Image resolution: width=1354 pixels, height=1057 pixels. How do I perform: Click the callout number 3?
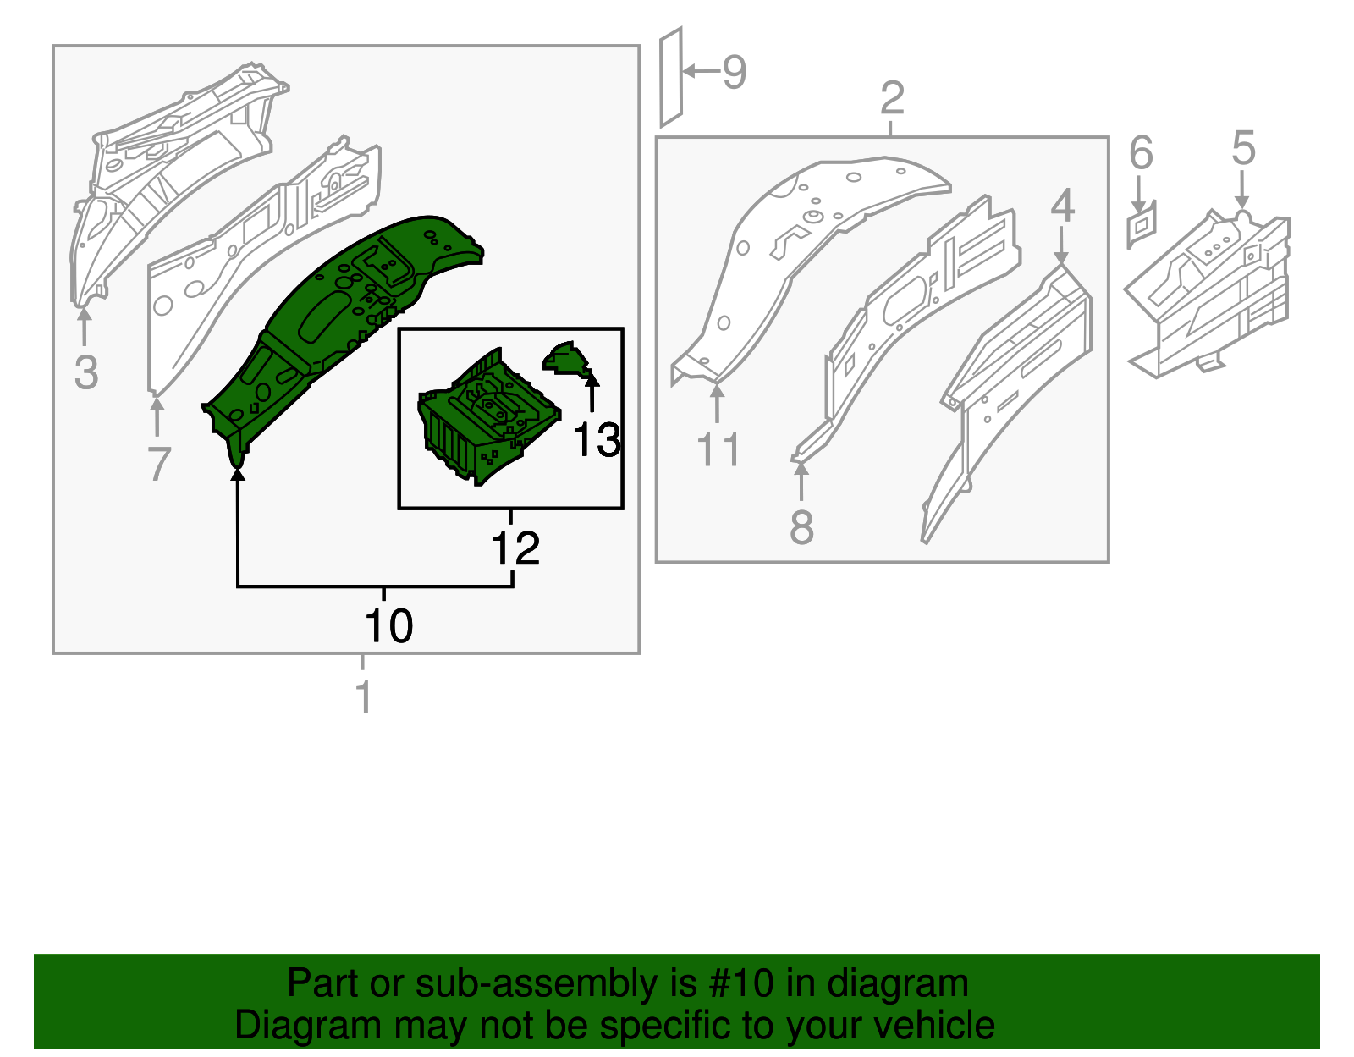point(86,372)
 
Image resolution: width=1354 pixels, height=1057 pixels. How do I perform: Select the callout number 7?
point(159,464)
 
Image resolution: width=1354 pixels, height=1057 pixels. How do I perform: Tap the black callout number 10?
point(388,625)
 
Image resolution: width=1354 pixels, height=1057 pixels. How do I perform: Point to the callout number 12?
point(515,548)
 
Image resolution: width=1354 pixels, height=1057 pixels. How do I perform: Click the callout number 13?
point(597,440)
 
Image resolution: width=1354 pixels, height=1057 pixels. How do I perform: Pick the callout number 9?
point(734,72)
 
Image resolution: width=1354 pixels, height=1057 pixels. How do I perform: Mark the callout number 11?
point(718,449)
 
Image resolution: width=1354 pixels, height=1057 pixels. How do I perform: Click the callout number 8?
point(801,527)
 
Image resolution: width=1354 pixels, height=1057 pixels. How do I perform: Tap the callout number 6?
point(1141,152)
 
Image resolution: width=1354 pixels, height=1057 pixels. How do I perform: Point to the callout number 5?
point(1243,148)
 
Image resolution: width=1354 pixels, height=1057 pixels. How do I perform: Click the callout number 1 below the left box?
point(364,696)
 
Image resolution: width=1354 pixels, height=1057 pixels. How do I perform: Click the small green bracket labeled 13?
point(566,359)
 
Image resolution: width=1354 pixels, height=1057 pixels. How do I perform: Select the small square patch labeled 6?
point(1141,225)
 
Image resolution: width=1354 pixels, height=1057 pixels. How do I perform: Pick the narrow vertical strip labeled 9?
point(671,77)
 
